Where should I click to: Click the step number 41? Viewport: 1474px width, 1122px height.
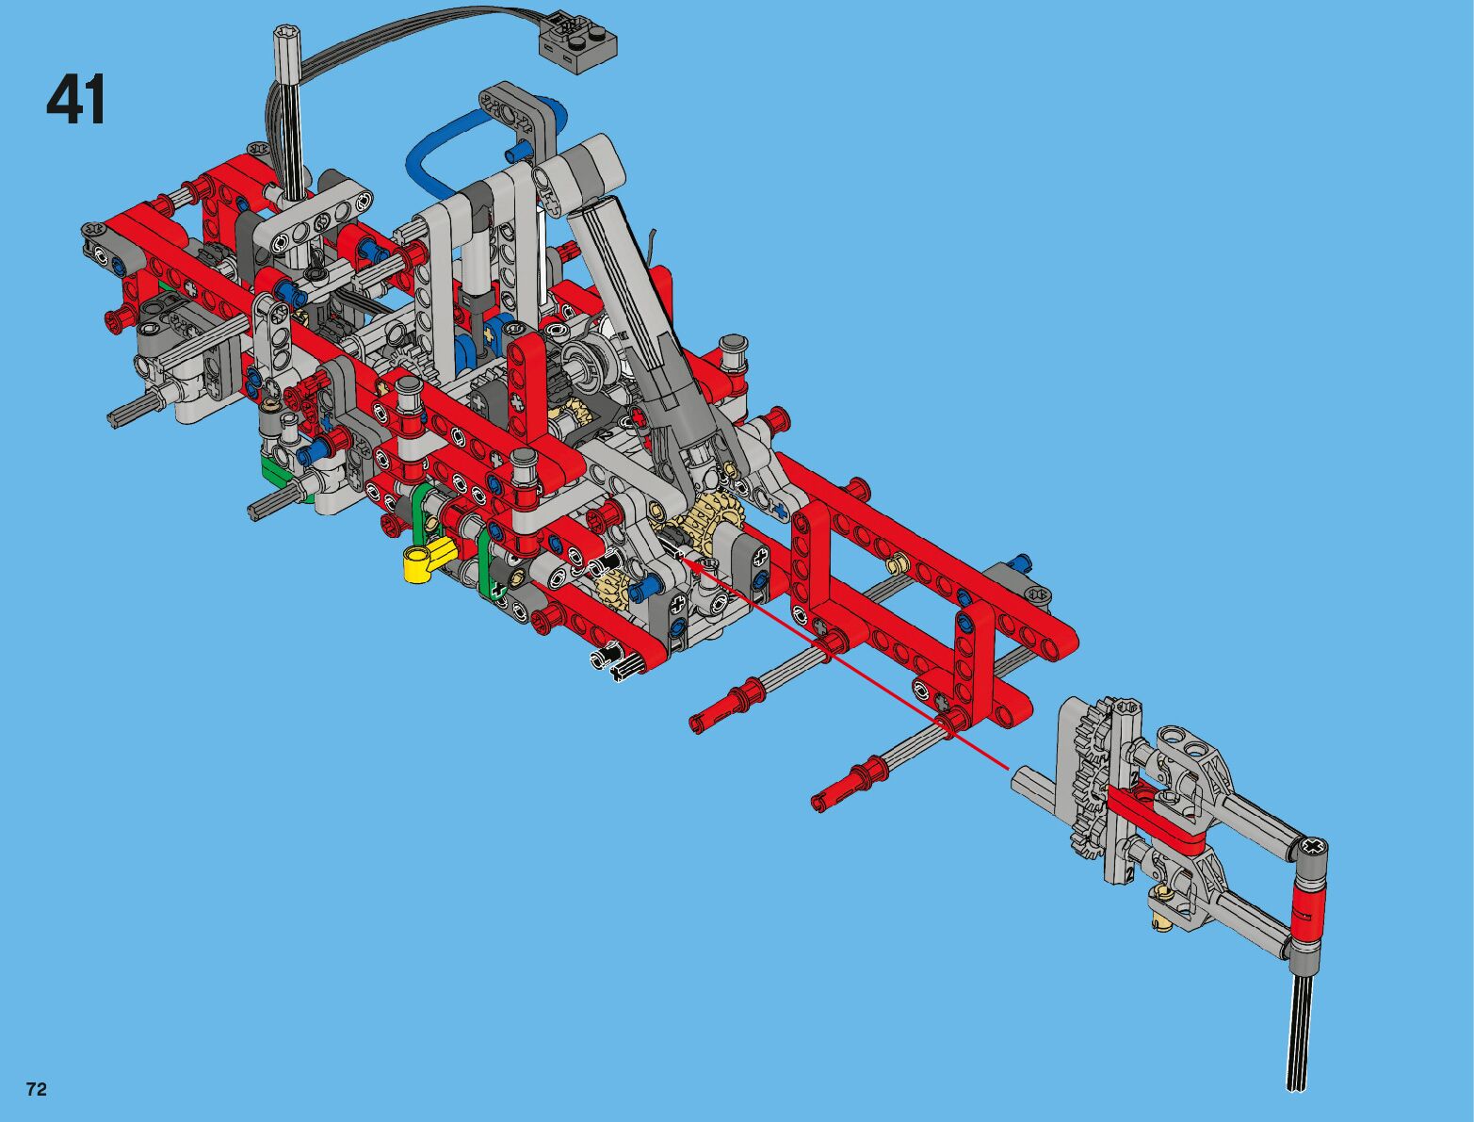coord(76,99)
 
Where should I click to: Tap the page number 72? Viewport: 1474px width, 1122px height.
coord(37,1089)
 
